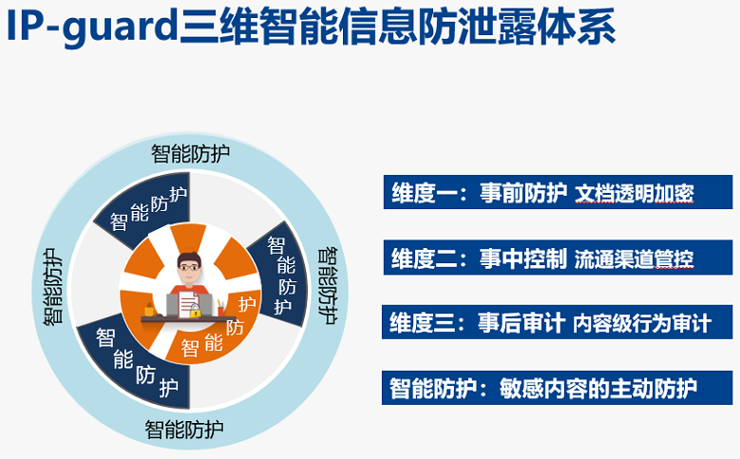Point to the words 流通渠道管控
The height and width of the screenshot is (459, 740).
(634, 258)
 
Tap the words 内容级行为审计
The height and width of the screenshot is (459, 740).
(642, 324)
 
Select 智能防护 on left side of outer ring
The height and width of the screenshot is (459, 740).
(53, 287)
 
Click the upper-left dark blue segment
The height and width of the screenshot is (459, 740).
(142, 211)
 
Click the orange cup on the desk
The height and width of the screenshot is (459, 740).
(149, 310)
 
